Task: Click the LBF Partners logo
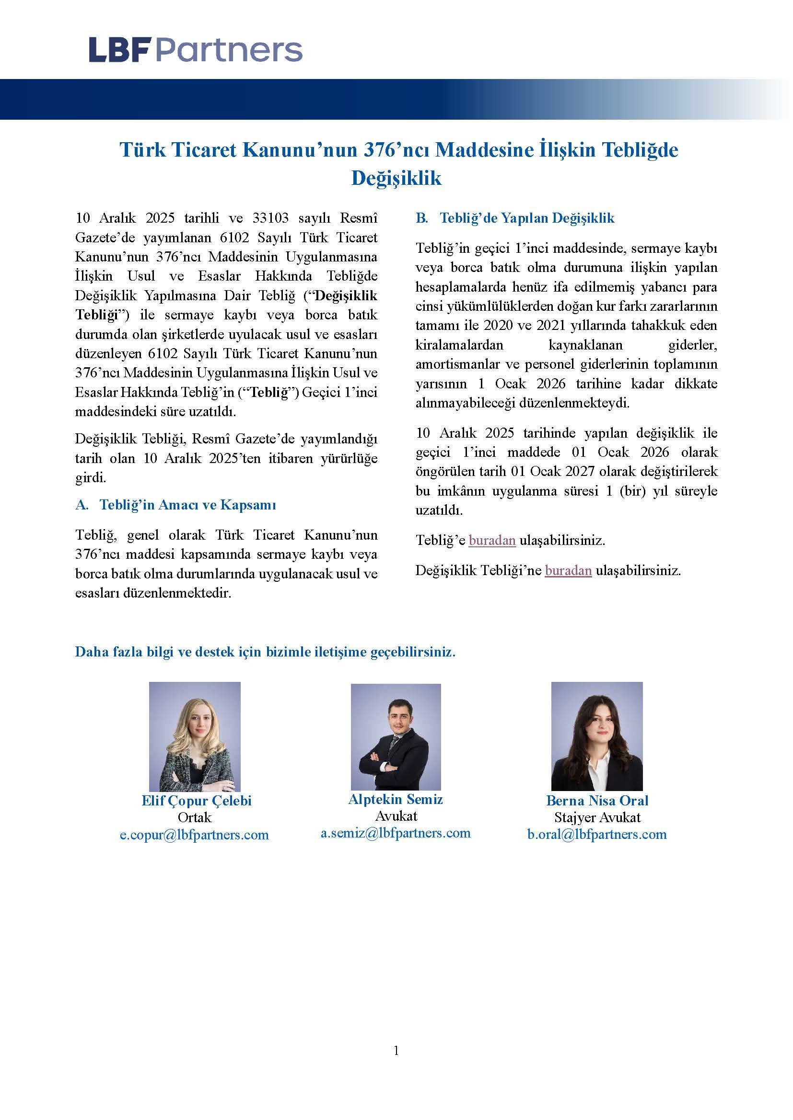point(195,50)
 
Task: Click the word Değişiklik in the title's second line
point(396,178)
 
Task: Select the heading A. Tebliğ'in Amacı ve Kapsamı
point(176,505)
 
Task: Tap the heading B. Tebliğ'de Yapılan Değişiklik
point(514,218)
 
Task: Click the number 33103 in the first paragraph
point(270,218)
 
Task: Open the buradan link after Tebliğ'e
point(492,541)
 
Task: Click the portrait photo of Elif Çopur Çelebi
point(194,736)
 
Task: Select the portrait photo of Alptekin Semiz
point(396,736)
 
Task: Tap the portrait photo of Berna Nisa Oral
point(597,736)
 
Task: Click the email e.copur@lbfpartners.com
point(194,835)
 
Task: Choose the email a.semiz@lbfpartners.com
point(396,833)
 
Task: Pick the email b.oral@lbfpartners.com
point(597,835)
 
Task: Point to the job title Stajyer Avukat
point(597,817)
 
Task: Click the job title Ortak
point(194,817)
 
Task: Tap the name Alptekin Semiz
point(396,800)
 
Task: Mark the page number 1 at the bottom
point(396,1050)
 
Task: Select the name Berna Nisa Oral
point(597,801)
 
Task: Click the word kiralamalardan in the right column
point(459,345)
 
